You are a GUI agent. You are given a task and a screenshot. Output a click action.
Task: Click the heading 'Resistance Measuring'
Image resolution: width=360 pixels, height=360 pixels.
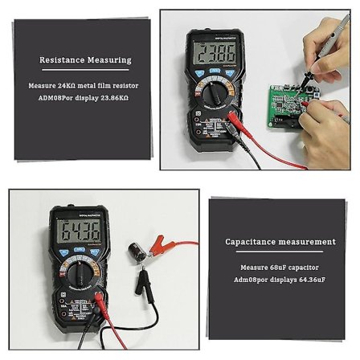pyautogui.click(x=85, y=59)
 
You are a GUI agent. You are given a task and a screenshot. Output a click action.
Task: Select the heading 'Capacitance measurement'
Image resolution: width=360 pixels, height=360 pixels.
pyautogui.click(x=280, y=241)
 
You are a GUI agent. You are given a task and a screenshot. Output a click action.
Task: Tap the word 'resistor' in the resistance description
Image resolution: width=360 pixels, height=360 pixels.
pyautogui.click(x=124, y=85)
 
